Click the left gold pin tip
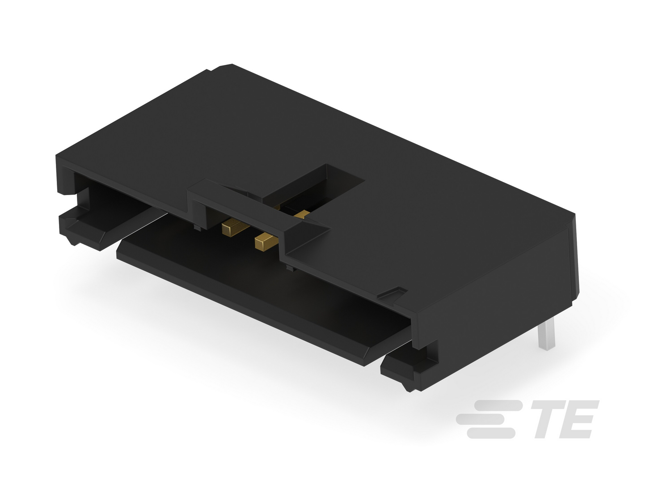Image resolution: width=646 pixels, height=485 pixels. click(x=229, y=228)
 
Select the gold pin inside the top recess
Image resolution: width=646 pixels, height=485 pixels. click(x=303, y=214)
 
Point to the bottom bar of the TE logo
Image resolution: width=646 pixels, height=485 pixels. click(x=491, y=433)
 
